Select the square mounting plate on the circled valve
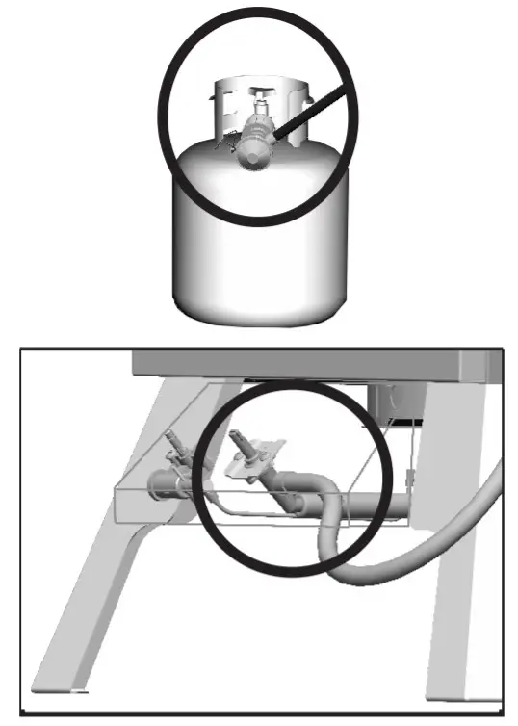click(252, 467)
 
